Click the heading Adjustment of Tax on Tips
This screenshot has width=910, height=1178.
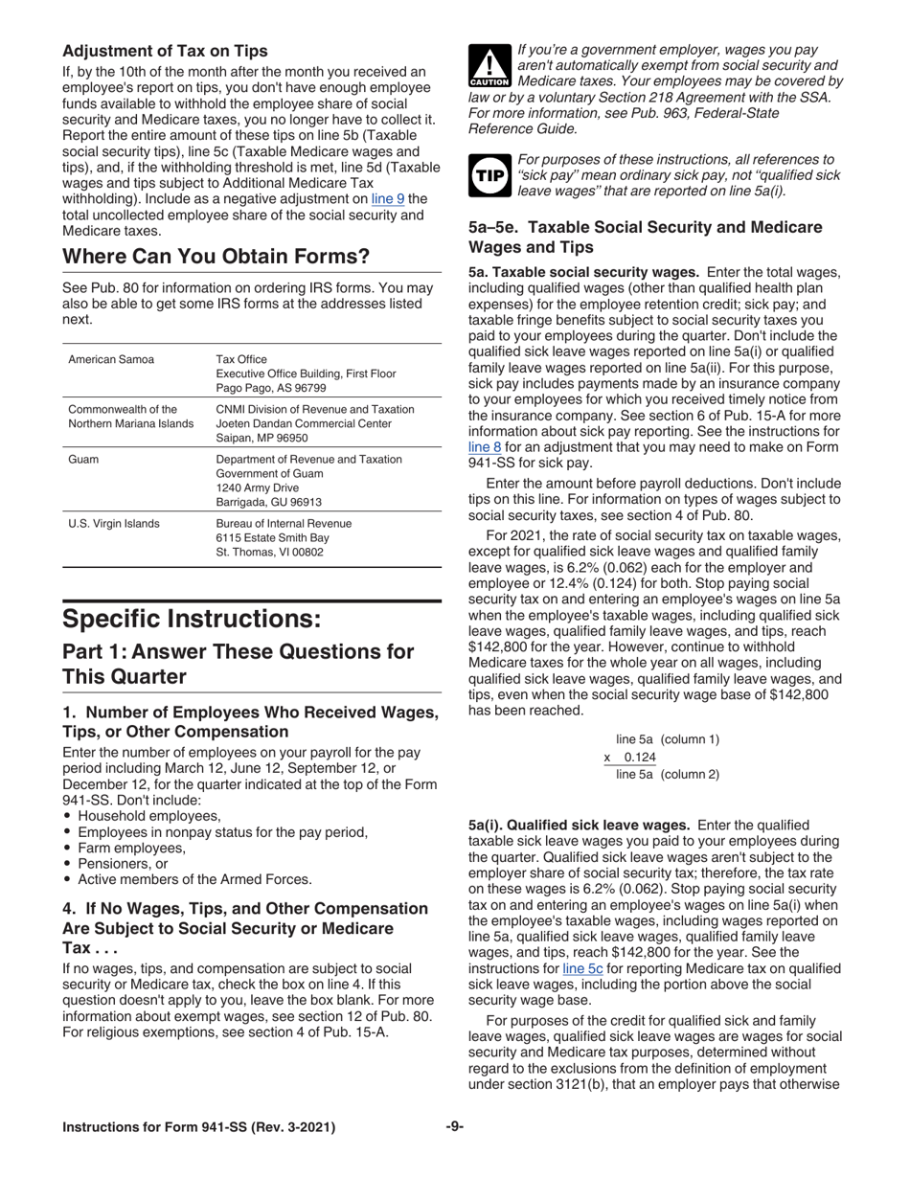165,51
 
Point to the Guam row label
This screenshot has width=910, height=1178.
84,459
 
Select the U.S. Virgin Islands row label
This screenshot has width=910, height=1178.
114,523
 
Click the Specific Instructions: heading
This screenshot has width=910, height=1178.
192,618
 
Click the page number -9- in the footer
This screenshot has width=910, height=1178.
454,1127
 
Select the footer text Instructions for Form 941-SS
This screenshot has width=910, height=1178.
198,1127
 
